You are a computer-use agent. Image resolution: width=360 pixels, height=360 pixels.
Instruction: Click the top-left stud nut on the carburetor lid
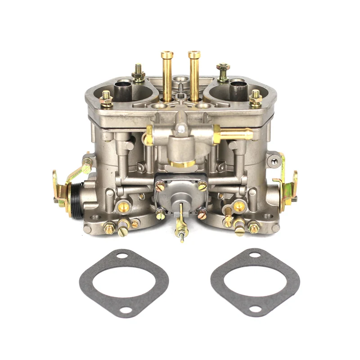coord(138,71)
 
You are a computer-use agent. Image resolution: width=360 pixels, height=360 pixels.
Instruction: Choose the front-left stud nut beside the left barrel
coord(107,97)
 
